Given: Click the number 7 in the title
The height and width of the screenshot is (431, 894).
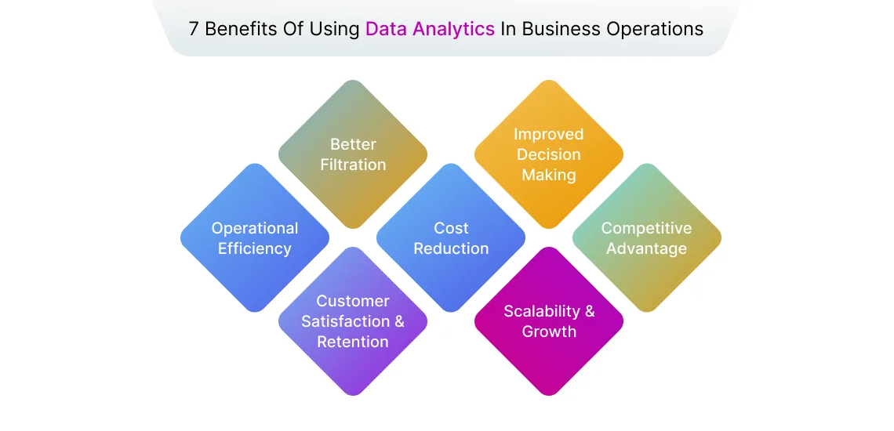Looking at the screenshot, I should (x=194, y=29).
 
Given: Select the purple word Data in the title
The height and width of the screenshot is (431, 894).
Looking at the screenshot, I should (x=385, y=29).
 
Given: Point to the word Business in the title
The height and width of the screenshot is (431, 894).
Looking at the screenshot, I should (x=558, y=29).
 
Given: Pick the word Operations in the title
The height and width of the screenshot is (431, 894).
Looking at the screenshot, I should (x=653, y=29).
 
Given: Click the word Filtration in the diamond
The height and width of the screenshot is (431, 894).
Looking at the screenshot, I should (x=353, y=165).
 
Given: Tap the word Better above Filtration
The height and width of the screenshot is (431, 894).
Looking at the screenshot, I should (x=353, y=144).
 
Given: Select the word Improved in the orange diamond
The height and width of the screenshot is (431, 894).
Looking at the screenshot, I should (x=549, y=134).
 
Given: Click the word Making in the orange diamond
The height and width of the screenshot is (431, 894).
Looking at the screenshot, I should (x=549, y=175).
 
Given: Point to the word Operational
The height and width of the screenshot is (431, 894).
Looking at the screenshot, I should (x=255, y=228).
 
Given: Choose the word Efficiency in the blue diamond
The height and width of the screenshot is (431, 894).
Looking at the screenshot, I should (x=255, y=248).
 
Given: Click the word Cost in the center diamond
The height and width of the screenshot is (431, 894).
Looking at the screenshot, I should (x=451, y=228).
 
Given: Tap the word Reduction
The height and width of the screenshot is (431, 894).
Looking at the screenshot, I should (x=451, y=248).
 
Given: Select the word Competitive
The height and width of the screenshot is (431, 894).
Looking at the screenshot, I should (x=647, y=228).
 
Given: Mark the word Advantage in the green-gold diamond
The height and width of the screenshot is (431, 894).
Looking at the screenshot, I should (x=647, y=248).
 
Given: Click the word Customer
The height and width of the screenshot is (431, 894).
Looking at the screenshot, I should (x=353, y=301).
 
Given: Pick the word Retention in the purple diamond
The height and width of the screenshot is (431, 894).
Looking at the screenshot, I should (x=353, y=342).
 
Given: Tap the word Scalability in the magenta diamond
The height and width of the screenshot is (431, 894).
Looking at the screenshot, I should (x=542, y=311).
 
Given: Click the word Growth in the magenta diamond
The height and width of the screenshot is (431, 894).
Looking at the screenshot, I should (x=549, y=331).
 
